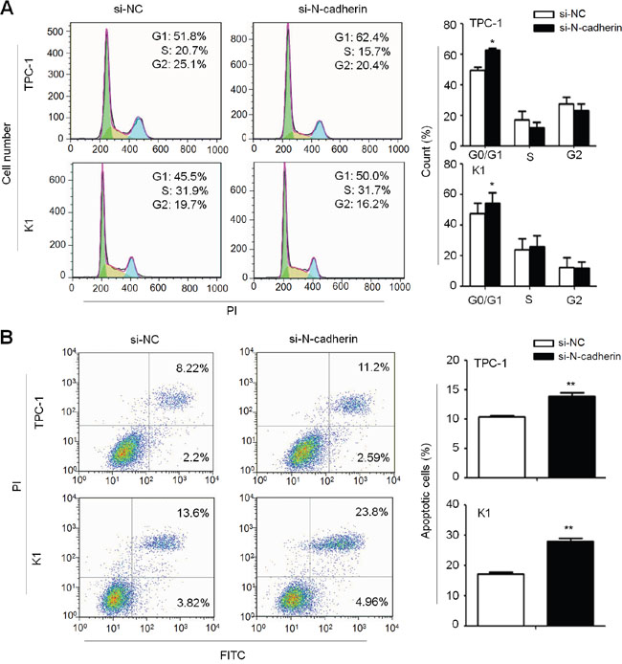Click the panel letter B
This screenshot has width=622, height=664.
point(10,337)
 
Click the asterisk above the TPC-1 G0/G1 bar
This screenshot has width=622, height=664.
point(492,42)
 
